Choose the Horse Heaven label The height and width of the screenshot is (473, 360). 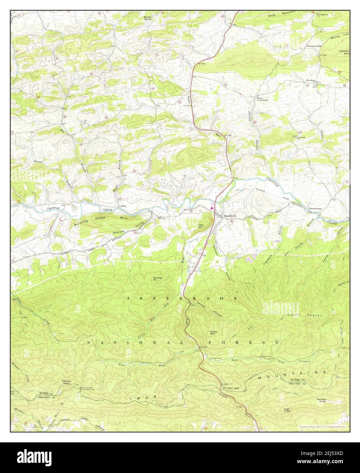coord(309,315)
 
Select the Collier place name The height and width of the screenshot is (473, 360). coord(123,206)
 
